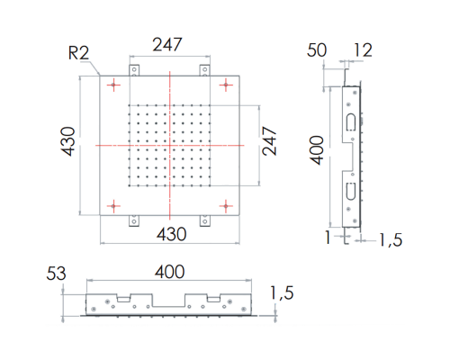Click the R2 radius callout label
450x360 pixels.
click(78, 53)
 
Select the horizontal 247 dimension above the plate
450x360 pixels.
click(167, 44)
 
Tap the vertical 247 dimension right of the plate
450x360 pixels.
click(269, 140)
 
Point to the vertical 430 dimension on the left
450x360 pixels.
click(67, 141)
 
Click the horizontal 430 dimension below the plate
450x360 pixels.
click(172, 234)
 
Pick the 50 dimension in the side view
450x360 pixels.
click(317, 50)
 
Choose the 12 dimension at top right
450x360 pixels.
click(363, 50)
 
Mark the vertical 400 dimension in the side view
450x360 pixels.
click(317, 150)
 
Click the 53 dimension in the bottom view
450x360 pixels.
click(56, 274)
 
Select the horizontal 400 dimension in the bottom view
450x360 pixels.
click(170, 272)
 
